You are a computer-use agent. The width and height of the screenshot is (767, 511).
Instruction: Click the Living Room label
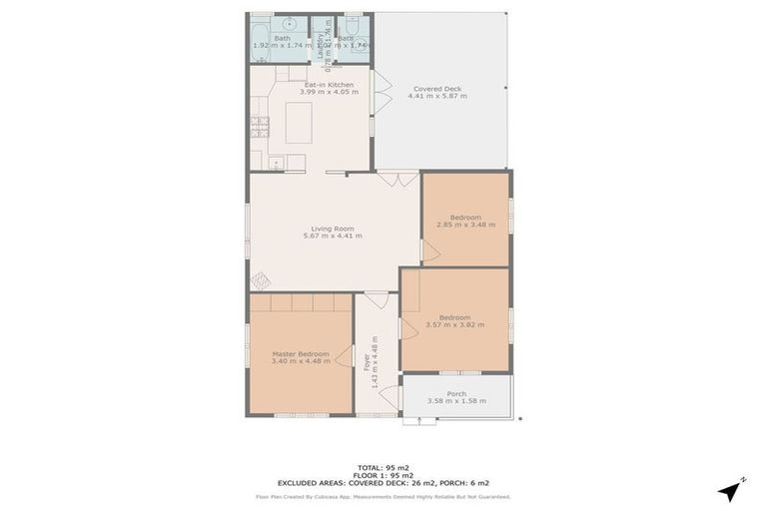click(332, 229)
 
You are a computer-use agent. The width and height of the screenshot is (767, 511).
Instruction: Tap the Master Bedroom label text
click(300, 353)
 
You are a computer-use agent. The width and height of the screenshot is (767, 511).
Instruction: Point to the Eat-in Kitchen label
click(329, 85)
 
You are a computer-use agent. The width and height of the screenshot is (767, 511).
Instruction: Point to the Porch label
click(456, 393)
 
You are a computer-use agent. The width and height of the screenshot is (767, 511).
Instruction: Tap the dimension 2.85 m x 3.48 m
click(465, 225)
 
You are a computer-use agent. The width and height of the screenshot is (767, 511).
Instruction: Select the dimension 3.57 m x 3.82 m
click(454, 324)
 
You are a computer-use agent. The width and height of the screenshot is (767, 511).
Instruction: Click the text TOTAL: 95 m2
click(383, 467)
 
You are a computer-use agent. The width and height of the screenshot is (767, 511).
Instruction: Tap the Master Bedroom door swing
click(344, 355)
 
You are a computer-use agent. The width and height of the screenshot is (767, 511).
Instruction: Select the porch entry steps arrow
click(419, 420)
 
